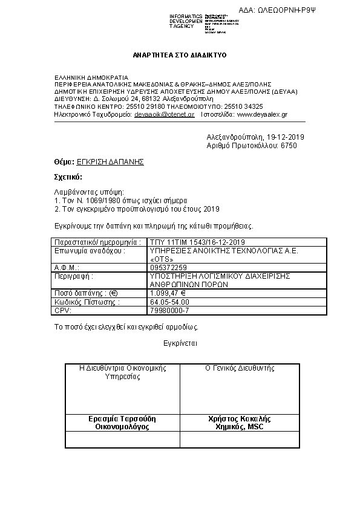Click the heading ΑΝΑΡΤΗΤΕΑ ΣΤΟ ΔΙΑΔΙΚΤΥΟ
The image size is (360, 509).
tap(180, 55)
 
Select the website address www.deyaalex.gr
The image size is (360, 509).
tap(262, 114)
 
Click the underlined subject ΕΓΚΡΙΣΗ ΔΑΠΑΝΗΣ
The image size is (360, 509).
tap(111, 163)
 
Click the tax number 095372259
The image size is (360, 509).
tap(168, 267)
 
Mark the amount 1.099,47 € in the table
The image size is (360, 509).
tap(168, 293)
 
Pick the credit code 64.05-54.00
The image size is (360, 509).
tap(169, 302)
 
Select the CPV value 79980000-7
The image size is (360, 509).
tap(169, 310)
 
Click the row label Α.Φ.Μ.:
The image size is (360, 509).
tap(67, 267)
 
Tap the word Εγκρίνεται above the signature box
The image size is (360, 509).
tap(180, 343)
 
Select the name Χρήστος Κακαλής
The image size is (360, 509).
tap(240, 418)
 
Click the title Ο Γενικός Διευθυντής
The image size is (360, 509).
tap(240, 368)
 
